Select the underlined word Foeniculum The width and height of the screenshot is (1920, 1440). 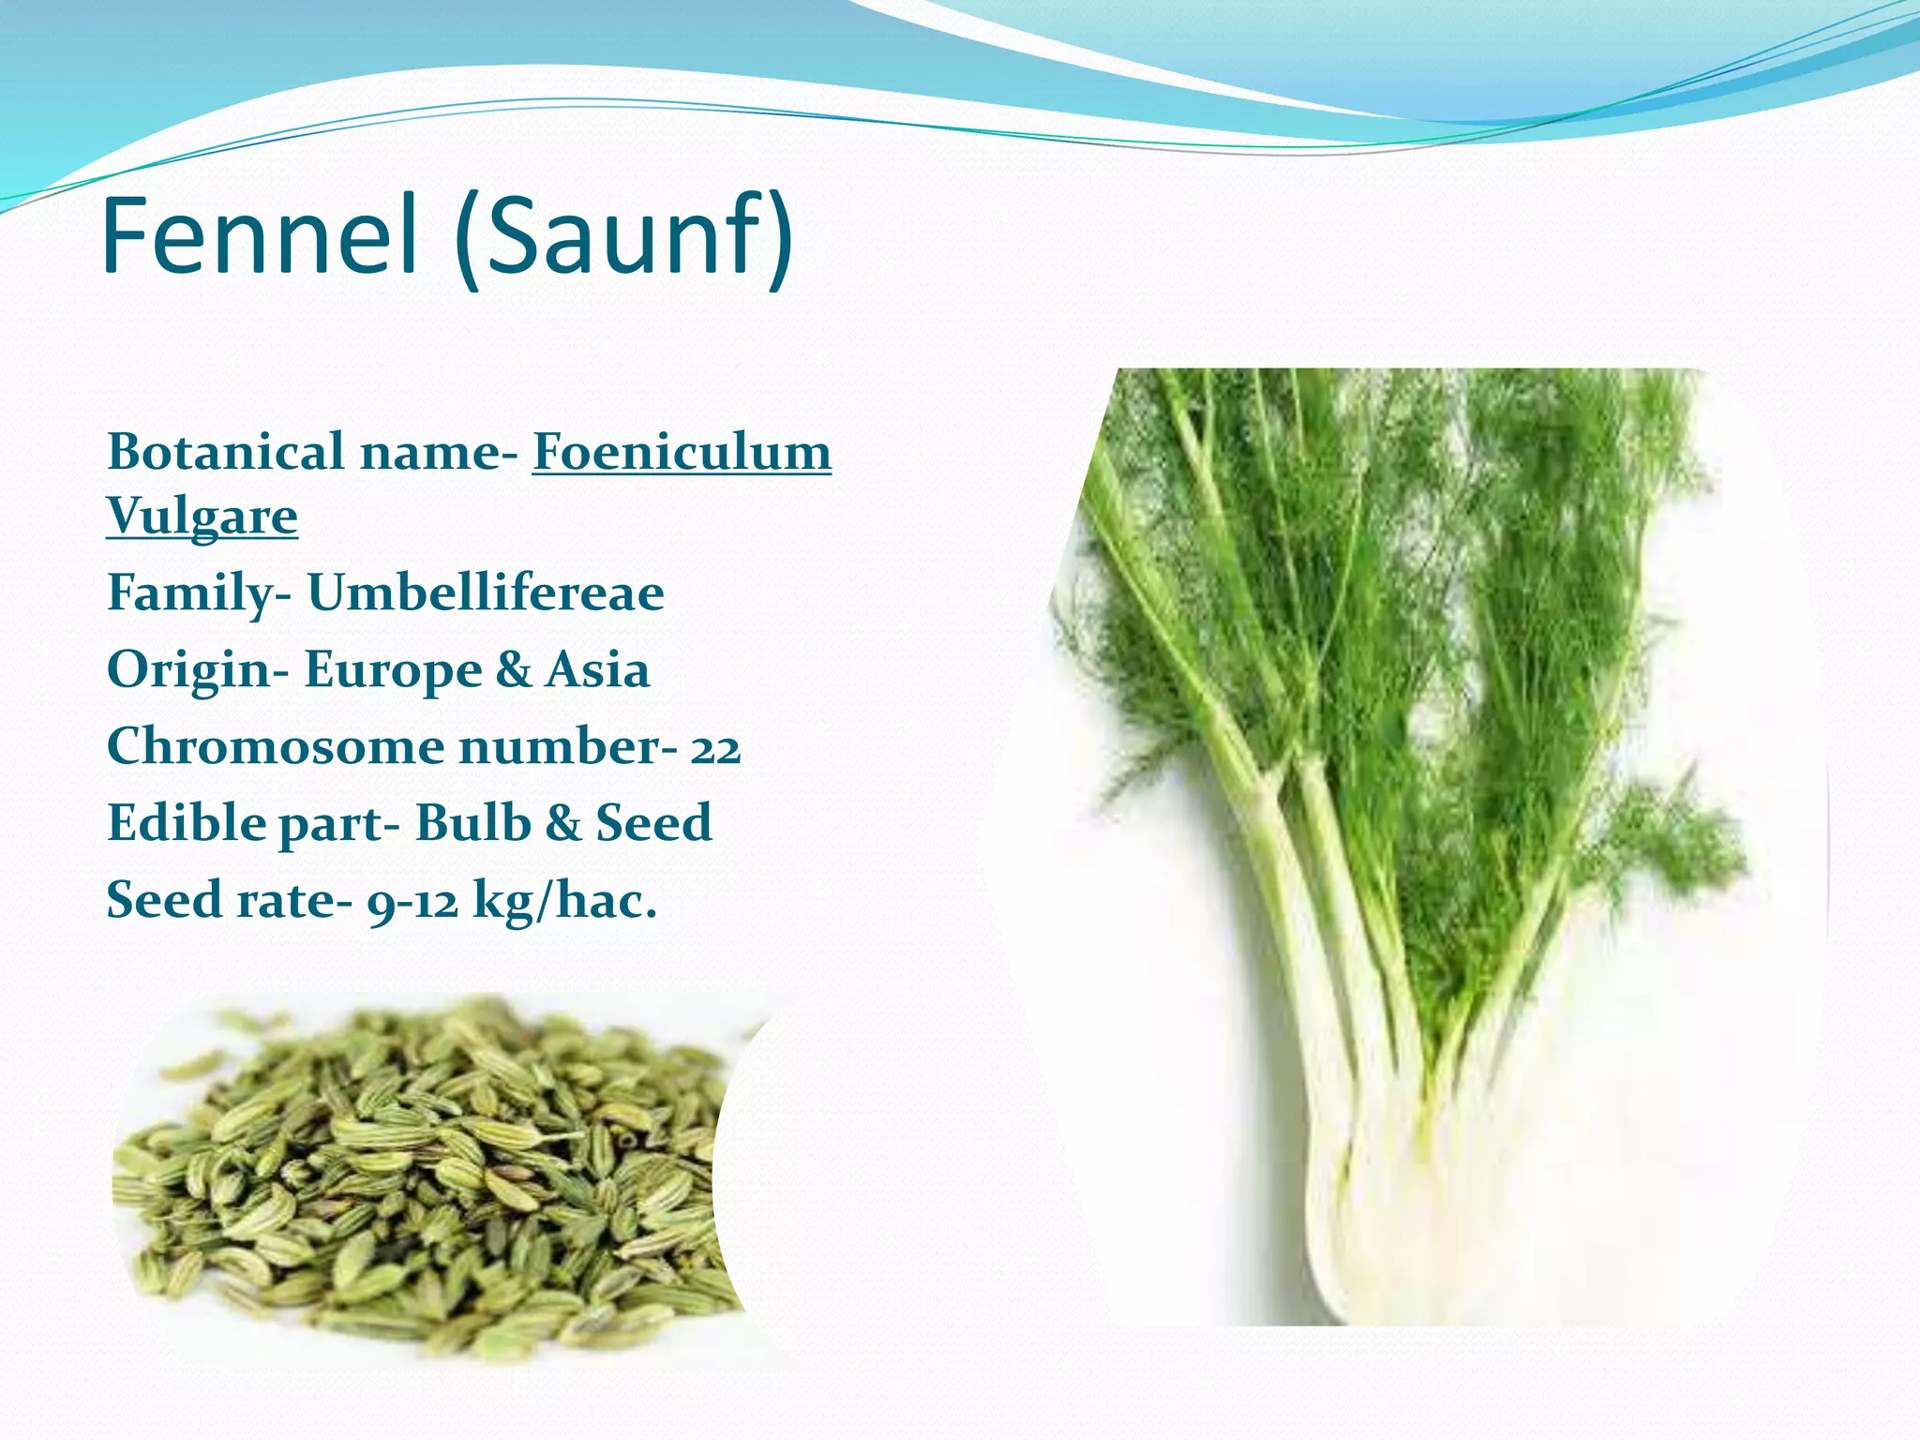pos(682,452)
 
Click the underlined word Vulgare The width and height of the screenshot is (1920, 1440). pos(202,516)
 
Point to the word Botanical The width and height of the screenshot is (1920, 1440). pos(226,452)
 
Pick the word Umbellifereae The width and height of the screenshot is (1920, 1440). pos(486,592)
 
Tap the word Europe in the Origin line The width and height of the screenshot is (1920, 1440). pos(393,670)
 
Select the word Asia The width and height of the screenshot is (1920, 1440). pos(597,670)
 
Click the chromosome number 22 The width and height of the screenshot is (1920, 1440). pos(715,748)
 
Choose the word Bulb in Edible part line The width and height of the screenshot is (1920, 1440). pos(472,823)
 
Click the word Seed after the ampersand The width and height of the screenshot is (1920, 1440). pos(653,823)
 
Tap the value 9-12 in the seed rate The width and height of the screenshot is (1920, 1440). pos(412,902)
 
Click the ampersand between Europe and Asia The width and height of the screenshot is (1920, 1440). pos(513,670)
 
